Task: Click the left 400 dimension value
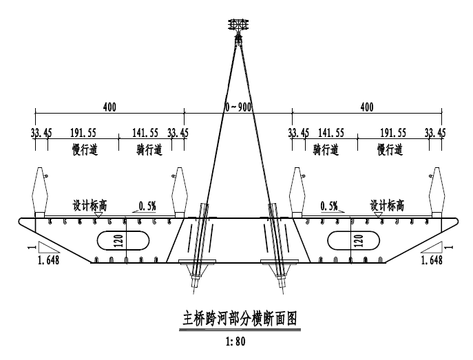(109, 107)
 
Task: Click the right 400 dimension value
(367, 107)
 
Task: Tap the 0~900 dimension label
(238, 107)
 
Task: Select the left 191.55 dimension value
(84, 133)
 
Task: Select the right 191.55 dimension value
(391, 133)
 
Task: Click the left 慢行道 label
(85, 149)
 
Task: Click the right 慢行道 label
(390, 149)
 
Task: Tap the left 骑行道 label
(149, 149)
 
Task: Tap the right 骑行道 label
(326, 149)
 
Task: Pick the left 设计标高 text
(90, 205)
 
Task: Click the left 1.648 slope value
(48, 260)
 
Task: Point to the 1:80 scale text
(236, 340)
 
